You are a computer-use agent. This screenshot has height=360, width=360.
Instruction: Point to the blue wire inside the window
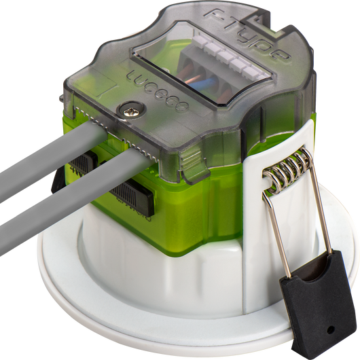point(202,84)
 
